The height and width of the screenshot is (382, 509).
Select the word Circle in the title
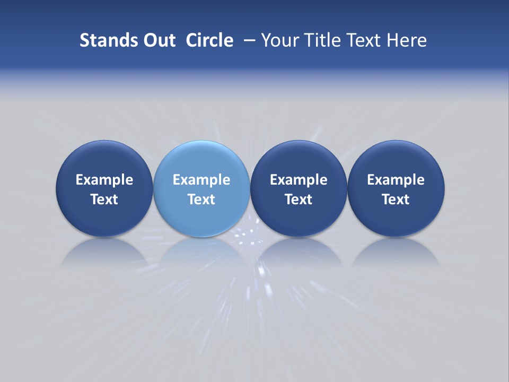(209, 40)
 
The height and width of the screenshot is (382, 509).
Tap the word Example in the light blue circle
(201, 180)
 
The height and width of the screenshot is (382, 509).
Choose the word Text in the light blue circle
(201, 199)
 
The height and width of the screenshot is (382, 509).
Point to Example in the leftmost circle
(104, 180)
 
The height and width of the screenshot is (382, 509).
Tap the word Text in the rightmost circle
(396, 199)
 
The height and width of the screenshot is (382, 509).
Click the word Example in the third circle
(299, 180)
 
